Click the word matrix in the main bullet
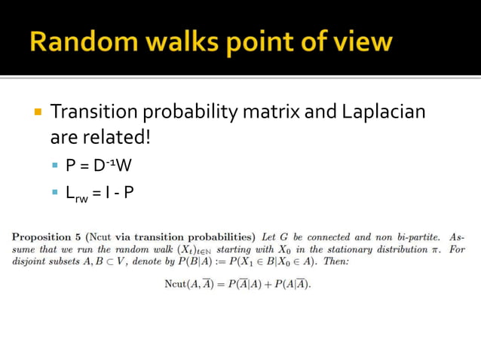pyautogui.click(x=272, y=112)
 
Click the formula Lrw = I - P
pyautogui.click(x=100, y=192)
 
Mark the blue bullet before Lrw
pyautogui.click(x=54, y=193)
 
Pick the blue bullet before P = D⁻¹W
pyautogui.click(x=54, y=166)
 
